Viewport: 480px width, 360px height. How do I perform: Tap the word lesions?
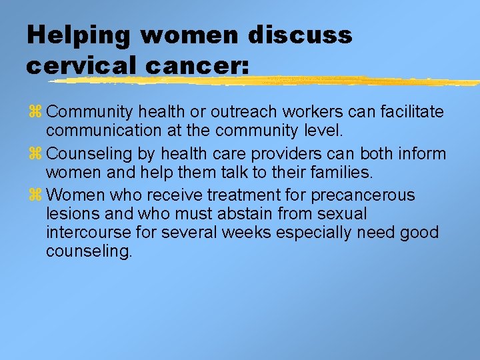71,214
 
